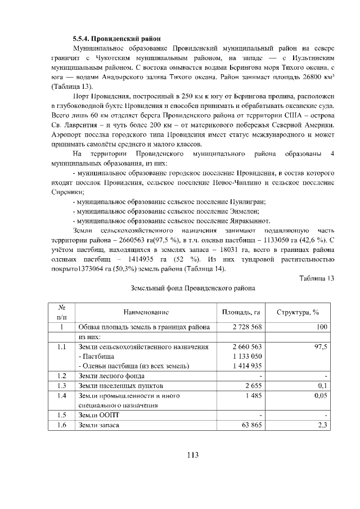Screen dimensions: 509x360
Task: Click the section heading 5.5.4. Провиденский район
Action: tap(116, 39)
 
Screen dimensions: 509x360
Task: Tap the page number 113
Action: tap(193, 455)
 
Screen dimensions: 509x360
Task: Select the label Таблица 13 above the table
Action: tap(317, 278)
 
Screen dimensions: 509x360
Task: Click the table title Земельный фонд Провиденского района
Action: tap(192, 289)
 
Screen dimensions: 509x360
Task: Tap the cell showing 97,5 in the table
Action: tap(321, 347)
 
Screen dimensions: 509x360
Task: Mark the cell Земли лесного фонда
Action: tap(111, 375)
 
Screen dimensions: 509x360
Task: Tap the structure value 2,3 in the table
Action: tap(322, 425)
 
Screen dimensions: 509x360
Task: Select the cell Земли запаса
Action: tap(99, 425)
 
